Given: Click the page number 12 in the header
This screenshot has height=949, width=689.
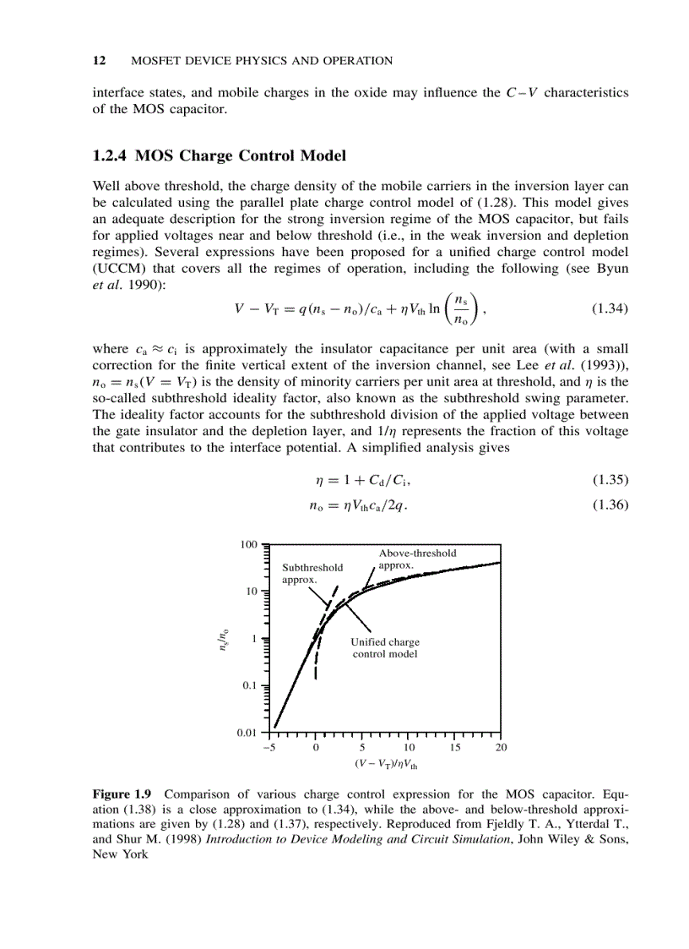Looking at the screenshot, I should (x=98, y=61).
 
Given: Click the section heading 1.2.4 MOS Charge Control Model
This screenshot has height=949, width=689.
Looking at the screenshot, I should (x=219, y=155).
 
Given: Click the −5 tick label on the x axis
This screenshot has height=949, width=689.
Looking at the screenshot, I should (x=270, y=747).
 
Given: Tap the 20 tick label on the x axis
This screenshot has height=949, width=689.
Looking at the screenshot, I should (x=501, y=747).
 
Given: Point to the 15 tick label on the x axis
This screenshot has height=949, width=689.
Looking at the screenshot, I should (x=454, y=747).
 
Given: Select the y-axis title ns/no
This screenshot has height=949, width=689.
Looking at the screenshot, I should (x=222, y=639).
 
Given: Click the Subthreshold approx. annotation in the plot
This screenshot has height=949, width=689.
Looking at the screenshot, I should (x=312, y=574).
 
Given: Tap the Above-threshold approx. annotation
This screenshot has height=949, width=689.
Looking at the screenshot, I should (x=417, y=559).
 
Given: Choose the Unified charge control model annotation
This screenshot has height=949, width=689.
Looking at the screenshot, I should (x=384, y=648).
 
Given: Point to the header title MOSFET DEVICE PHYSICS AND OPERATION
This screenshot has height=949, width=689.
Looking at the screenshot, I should (x=263, y=61).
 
